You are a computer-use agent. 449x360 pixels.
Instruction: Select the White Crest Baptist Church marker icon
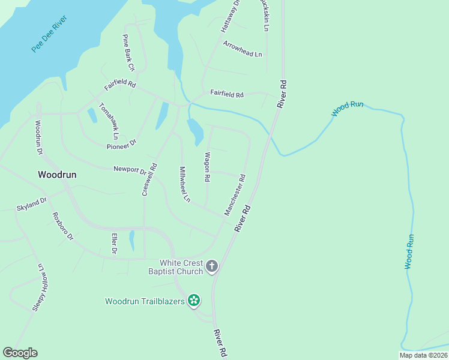pyautogui.click(x=211, y=266)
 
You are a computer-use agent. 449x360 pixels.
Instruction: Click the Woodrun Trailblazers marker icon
pyautogui.click(x=194, y=300)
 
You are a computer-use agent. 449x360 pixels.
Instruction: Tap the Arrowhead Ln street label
pyautogui.click(x=243, y=49)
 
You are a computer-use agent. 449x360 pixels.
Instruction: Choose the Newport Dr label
pyautogui.click(x=130, y=170)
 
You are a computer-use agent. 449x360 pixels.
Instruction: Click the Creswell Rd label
pyautogui.click(x=149, y=179)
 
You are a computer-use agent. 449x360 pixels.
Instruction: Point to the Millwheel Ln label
pyautogui.click(x=184, y=184)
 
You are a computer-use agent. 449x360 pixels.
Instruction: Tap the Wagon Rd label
pyautogui.click(x=206, y=167)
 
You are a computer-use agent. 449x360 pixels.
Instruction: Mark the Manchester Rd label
pyautogui.click(x=235, y=194)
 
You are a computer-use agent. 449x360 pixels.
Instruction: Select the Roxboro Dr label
pyautogui.click(x=62, y=226)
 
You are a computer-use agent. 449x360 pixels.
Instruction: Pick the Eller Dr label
pyautogui.click(x=113, y=243)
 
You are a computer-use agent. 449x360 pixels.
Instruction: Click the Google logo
pyautogui.click(x=20, y=353)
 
